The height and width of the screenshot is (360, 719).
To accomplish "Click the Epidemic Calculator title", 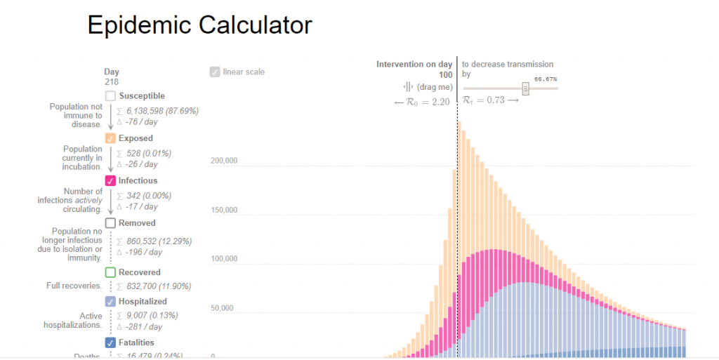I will click(x=199, y=25).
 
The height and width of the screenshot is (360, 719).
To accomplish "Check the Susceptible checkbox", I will click(x=110, y=96).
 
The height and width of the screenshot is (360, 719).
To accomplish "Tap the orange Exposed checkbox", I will click(x=110, y=138).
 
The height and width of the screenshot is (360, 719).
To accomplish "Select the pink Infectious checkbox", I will click(x=110, y=181).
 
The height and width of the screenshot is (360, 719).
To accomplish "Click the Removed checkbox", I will click(x=110, y=223).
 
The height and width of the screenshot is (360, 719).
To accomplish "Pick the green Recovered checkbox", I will click(x=110, y=272).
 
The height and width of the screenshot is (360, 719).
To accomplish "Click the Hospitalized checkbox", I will click(x=110, y=301).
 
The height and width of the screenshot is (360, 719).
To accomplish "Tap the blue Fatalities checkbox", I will click(x=110, y=342).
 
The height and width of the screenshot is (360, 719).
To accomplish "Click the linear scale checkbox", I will click(x=214, y=72).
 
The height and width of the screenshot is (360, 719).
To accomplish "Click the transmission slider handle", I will click(x=525, y=88).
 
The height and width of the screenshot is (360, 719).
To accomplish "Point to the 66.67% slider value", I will click(x=546, y=79).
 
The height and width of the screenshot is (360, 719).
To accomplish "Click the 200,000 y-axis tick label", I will click(x=224, y=161).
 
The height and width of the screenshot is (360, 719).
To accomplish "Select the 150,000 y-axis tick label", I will click(x=224, y=210).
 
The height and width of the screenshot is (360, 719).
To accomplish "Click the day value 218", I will click(x=112, y=82).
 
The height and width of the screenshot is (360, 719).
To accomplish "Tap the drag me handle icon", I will click(x=409, y=86).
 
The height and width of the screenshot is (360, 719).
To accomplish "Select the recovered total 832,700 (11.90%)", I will click(x=159, y=286).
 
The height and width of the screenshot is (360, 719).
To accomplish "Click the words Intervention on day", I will click(x=414, y=65).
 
